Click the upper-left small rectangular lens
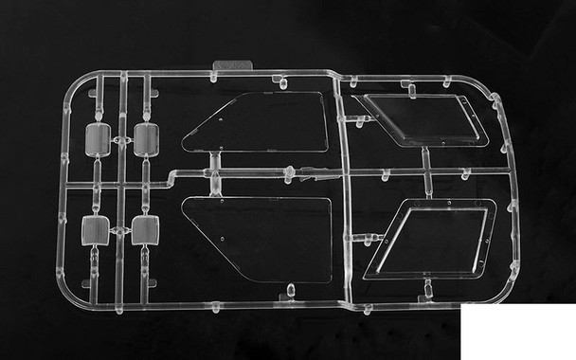pos(99,140)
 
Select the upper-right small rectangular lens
pos(146,140)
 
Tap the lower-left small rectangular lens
pos(98,229)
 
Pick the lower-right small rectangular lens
pos(145,229)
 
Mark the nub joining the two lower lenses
pos(121,228)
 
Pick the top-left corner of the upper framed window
pos(354,98)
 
